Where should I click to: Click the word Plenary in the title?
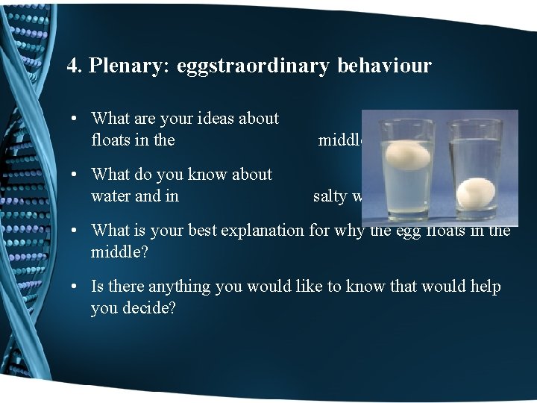tap(131, 66)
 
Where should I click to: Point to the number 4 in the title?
tap(72, 66)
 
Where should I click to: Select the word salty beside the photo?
tap(330, 196)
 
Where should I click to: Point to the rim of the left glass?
tap(406, 122)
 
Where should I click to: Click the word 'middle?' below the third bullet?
tap(119, 252)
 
